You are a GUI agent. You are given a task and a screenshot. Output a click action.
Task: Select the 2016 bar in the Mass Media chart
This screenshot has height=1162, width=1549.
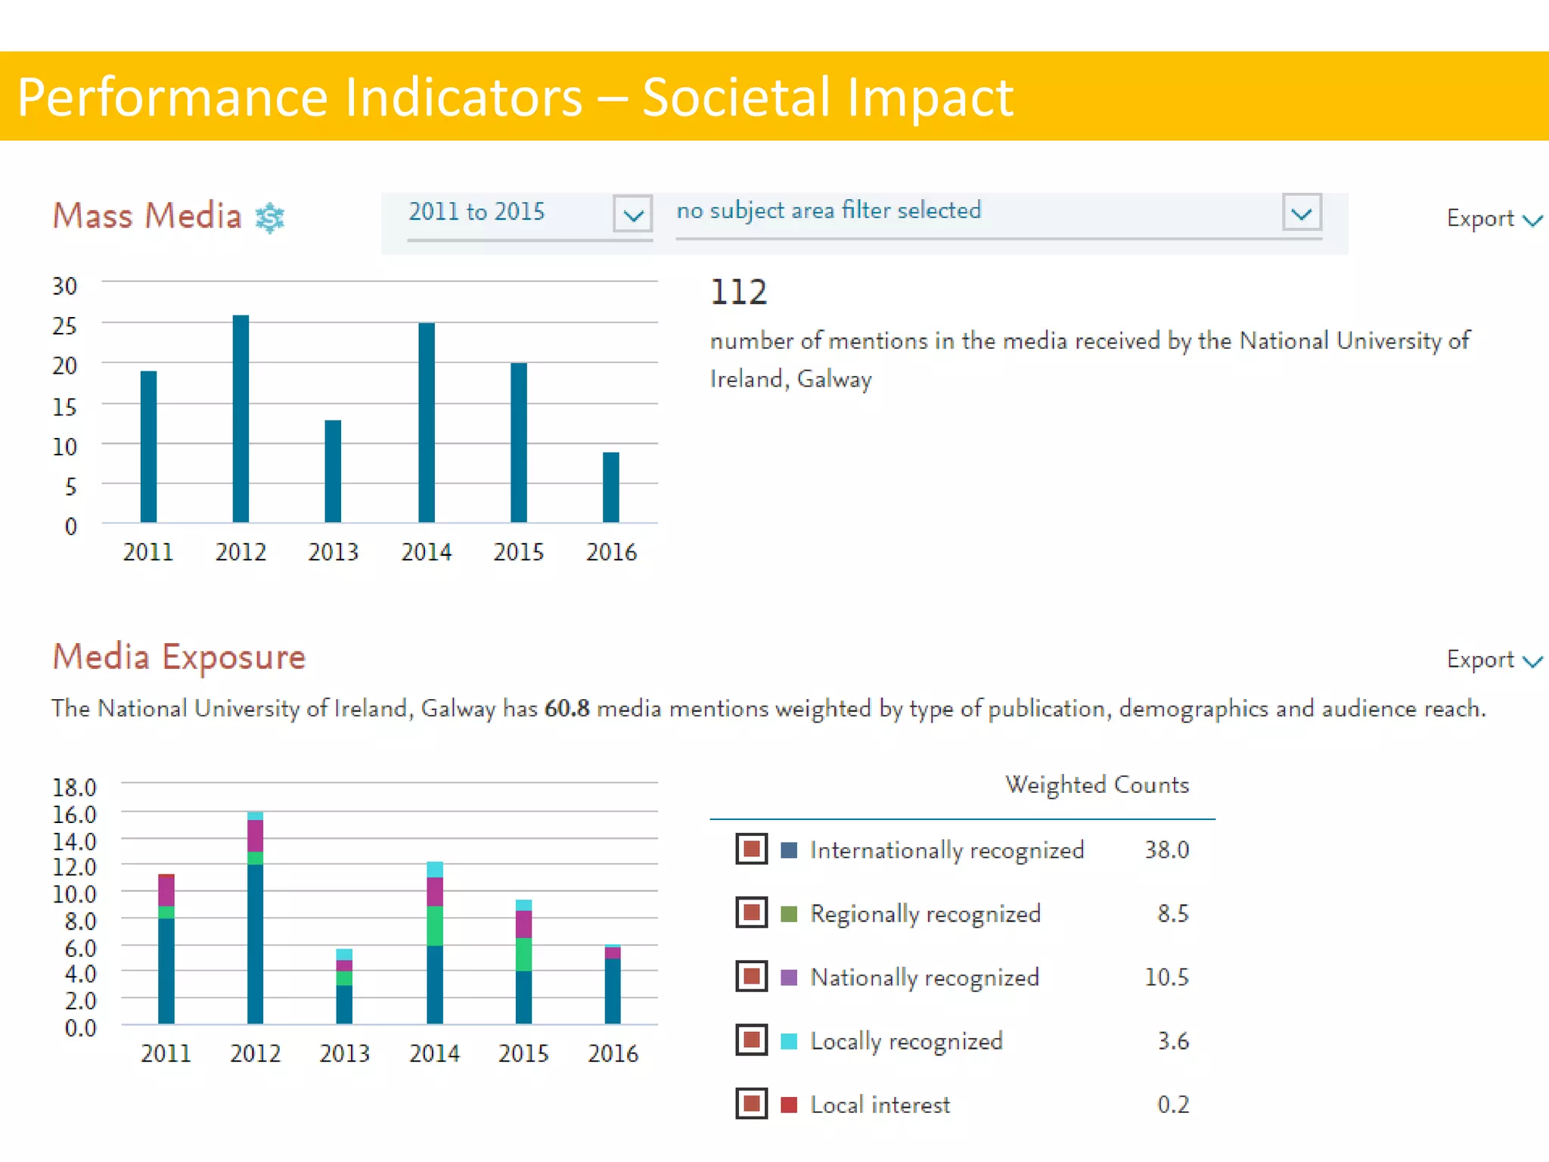click(610, 487)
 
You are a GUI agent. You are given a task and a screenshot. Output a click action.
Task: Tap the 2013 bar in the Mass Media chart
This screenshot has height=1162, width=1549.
click(333, 471)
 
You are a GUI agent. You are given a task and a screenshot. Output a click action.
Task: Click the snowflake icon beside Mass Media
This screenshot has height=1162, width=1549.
click(270, 218)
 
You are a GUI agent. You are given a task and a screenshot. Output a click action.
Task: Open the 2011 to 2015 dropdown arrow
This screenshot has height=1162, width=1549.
click(633, 214)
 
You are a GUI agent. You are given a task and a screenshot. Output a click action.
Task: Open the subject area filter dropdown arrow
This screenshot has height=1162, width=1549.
click(1302, 213)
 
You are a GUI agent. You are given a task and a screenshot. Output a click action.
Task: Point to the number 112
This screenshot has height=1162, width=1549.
click(738, 292)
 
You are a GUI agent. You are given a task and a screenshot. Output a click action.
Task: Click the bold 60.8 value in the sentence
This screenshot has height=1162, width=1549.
click(567, 709)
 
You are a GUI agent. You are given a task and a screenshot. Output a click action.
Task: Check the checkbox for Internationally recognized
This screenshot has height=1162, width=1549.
click(751, 849)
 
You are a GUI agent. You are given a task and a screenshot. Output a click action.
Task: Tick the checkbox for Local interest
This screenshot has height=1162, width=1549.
click(751, 1104)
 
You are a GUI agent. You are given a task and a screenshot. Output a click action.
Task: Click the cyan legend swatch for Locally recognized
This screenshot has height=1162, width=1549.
click(789, 1041)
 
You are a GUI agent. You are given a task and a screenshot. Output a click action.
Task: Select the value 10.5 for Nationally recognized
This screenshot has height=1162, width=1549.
click(1166, 977)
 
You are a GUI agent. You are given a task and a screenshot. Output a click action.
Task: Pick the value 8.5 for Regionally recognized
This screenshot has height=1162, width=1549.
click(1172, 914)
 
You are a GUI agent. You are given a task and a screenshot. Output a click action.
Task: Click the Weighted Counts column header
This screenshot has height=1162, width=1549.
click(1097, 785)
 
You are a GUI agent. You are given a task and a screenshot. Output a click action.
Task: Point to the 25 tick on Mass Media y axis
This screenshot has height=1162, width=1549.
click(64, 326)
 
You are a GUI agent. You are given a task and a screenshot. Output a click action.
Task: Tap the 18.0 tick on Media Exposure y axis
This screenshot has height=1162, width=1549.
click(74, 788)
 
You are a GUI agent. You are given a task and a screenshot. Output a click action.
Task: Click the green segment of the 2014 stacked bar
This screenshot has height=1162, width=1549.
click(435, 926)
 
